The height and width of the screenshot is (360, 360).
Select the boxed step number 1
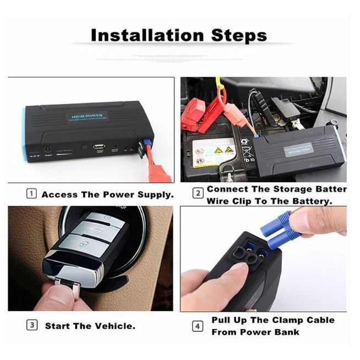[x=32, y=194]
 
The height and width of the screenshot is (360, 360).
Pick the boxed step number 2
[x=197, y=194]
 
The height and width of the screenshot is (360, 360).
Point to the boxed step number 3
[x=32, y=325]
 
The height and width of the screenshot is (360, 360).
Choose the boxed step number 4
[x=197, y=326]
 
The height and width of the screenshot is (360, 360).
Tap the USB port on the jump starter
[x=99, y=146]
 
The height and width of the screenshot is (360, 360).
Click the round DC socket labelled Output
[x=47, y=149]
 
